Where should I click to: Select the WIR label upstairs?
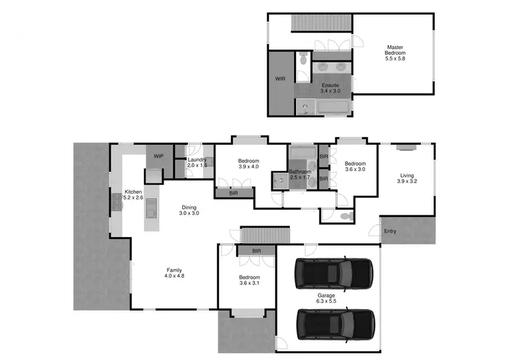pos(280,79)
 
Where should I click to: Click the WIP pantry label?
pos(159,156)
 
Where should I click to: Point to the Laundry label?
pos(197,162)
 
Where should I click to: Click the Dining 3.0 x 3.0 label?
pos(189,210)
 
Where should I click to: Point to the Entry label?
pos(390,232)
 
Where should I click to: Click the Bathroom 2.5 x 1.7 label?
pos(301,175)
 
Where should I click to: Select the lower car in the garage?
pos(335,324)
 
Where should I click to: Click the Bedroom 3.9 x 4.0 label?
pos(248,163)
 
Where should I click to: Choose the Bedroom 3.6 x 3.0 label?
pos(355,166)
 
